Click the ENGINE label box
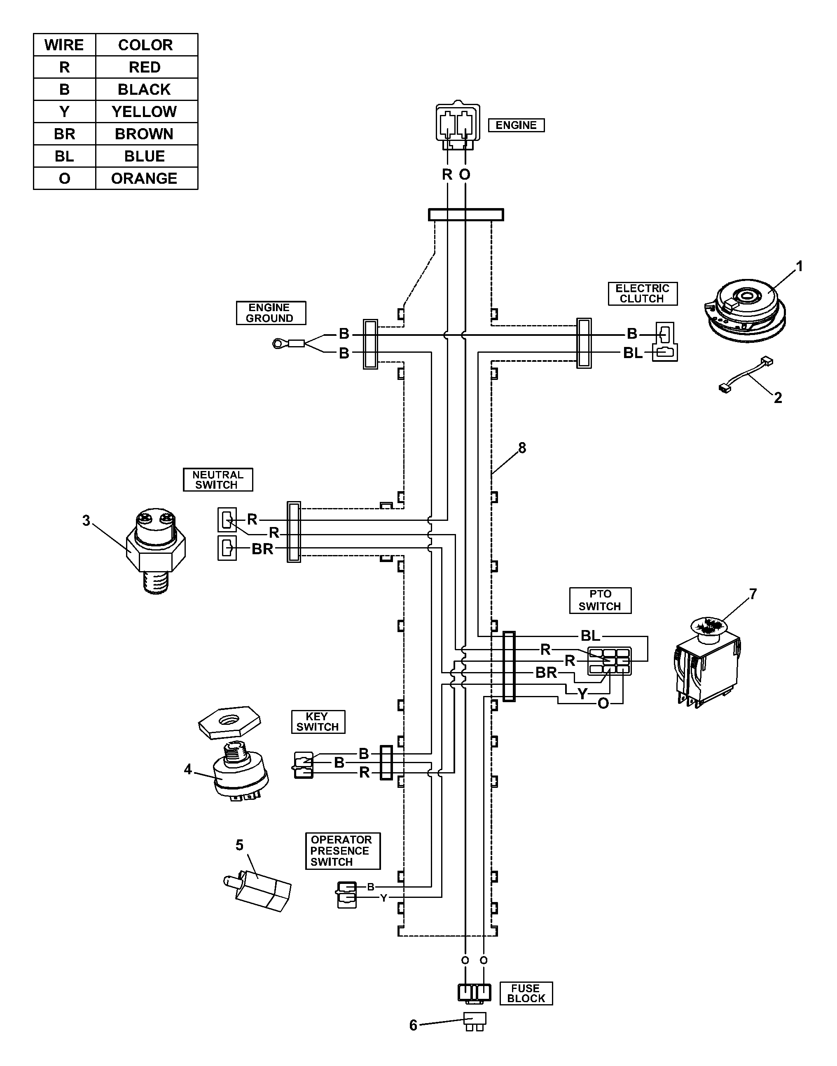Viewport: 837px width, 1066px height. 516,125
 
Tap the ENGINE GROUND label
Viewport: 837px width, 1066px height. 271,313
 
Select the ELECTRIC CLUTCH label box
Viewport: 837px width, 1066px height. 643,293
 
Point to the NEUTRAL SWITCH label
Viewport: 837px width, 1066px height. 217,480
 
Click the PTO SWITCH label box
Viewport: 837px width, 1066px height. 600,600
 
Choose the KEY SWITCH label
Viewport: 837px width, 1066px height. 318,722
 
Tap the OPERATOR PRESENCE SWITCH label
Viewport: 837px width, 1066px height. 343,851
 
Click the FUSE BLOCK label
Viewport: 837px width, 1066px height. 526,993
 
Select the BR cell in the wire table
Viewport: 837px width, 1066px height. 64,134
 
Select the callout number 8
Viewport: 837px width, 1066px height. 522,448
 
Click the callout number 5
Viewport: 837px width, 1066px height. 240,845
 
